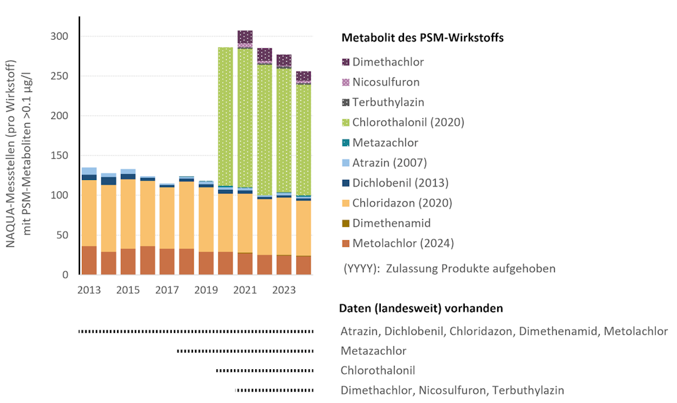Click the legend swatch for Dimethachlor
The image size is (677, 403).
pyautogui.click(x=345, y=62)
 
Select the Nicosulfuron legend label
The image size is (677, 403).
pyautogui.click(x=386, y=83)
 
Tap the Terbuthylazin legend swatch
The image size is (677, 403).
pyautogui.click(x=345, y=103)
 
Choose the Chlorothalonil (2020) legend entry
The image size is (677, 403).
pyautogui.click(x=408, y=122)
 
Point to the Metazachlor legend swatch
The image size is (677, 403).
pyautogui.click(x=345, y=143)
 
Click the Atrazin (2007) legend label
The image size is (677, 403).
pyautogui.click(x=390, y=163)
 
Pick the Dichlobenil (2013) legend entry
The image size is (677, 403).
pyautogui.click(x=401, y=183)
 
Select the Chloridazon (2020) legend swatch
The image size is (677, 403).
pyautogui.click(x=345, y=203)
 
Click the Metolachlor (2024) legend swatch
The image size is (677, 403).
pyautogui.click(x=345, y=244)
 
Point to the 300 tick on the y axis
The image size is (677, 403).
pyautogui.click(x=60, y=36)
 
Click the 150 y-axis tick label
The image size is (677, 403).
pyautogui.click(x=60, y=156)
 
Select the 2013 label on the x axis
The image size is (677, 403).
pyautogui.click(x=89, y=290)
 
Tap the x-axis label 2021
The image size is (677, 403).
pyautogui.click(x=245, y=290)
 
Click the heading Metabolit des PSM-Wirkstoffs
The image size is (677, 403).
pyautogui.click(x=422, y=38)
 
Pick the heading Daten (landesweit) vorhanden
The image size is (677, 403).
pyautogui.click(x=420, y=309)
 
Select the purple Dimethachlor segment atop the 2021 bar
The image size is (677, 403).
pyautogui.click(x=245, y=36)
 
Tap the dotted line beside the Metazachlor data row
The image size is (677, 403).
pyautogui.click(x=245, y=351)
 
